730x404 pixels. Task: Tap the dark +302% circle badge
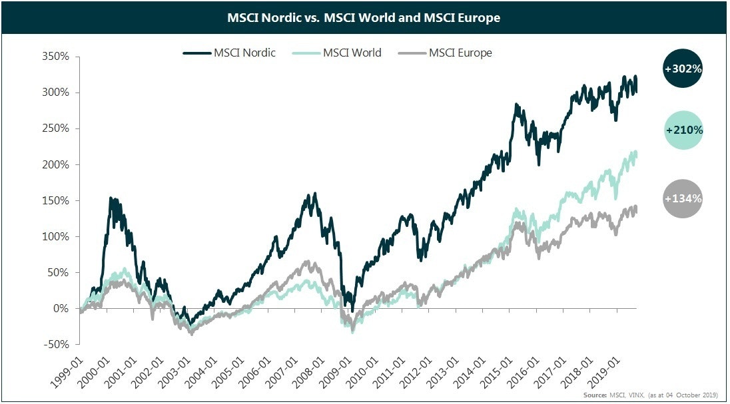[683, 69]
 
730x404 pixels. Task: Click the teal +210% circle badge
[683, 130]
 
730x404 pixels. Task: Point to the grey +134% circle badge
[683, 198]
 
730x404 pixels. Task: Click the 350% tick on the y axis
[56, 57]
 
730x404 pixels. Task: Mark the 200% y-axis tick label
[56, 164]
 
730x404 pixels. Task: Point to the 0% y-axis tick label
[61, 308]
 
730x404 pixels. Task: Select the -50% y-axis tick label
[56, 344]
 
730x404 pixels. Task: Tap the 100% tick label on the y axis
[56, 236]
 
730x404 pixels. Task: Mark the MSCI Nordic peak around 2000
[111, 198]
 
